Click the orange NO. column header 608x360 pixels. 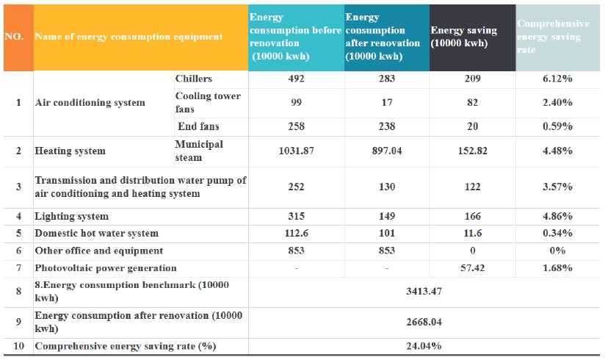pyautogui.click(x=18, y=37)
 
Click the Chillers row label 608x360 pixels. pyautogui.click(x=194, y=79)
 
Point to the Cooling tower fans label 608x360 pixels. pyautogui.click(x=208, y=102)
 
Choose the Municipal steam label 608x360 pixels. pyautogui.click(x=199, y=151)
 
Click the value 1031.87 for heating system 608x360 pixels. pyautogui.click(x=296, y=151)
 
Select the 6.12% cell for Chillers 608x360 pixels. pyautogui.click(x=557, y=79)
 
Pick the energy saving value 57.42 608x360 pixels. pyautogui.click(x=472, y=268)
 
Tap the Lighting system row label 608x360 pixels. pyautogui.click(x=72, y=217)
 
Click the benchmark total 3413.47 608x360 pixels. pyautogui.click(x=424, y=292)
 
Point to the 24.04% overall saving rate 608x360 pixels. pyautogui.click(x=424, y=346)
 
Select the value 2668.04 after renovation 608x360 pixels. pyautogui.click(x=424, y=322)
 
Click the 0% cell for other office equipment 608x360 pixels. pyautogui.click(x=557, y=251)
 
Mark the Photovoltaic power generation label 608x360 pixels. pyautogui.click(x=106, y=268)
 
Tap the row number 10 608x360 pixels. pyautogui.click(x=18, y=346)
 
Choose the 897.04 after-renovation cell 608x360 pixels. pyautogui.click(x=387, y=151)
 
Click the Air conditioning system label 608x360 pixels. pyautogui.click(x=90, y=103)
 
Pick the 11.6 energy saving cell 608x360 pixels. pyautogui.click(x=472, y=233)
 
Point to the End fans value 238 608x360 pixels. pyautogui.click(x=387, y=126)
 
